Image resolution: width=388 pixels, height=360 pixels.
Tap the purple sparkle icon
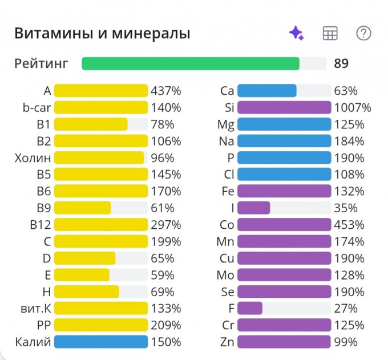[x=296, y=33]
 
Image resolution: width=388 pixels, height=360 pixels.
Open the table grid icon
[x=330, y=33]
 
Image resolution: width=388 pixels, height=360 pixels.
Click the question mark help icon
[x=363, y=33]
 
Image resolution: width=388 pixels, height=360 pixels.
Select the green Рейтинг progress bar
[x=191, y=63]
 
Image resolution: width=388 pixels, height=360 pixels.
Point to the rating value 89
[x=341, y=63]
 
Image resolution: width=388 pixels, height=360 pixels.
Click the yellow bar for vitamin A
[x=101, y=91]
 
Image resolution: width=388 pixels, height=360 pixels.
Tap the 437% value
[x=166, y=91]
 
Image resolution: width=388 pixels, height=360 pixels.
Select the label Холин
[x=33, y=157]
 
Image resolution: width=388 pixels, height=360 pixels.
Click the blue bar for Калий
[x=101, y=342]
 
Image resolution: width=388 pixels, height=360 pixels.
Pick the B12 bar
[x=101, y=225]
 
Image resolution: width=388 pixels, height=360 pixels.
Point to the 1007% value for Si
[x=353, y=107]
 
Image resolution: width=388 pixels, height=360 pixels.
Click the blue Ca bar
[x=266, y=91]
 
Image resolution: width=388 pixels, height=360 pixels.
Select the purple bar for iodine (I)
[x=253, y=208]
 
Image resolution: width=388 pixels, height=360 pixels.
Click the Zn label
[x=227, y=342]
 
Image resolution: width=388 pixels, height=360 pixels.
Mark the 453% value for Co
[x=349, y=225]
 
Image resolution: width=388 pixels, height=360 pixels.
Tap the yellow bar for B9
[x=83, y=208]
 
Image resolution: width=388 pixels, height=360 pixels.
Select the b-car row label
[x=35, y=107]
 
